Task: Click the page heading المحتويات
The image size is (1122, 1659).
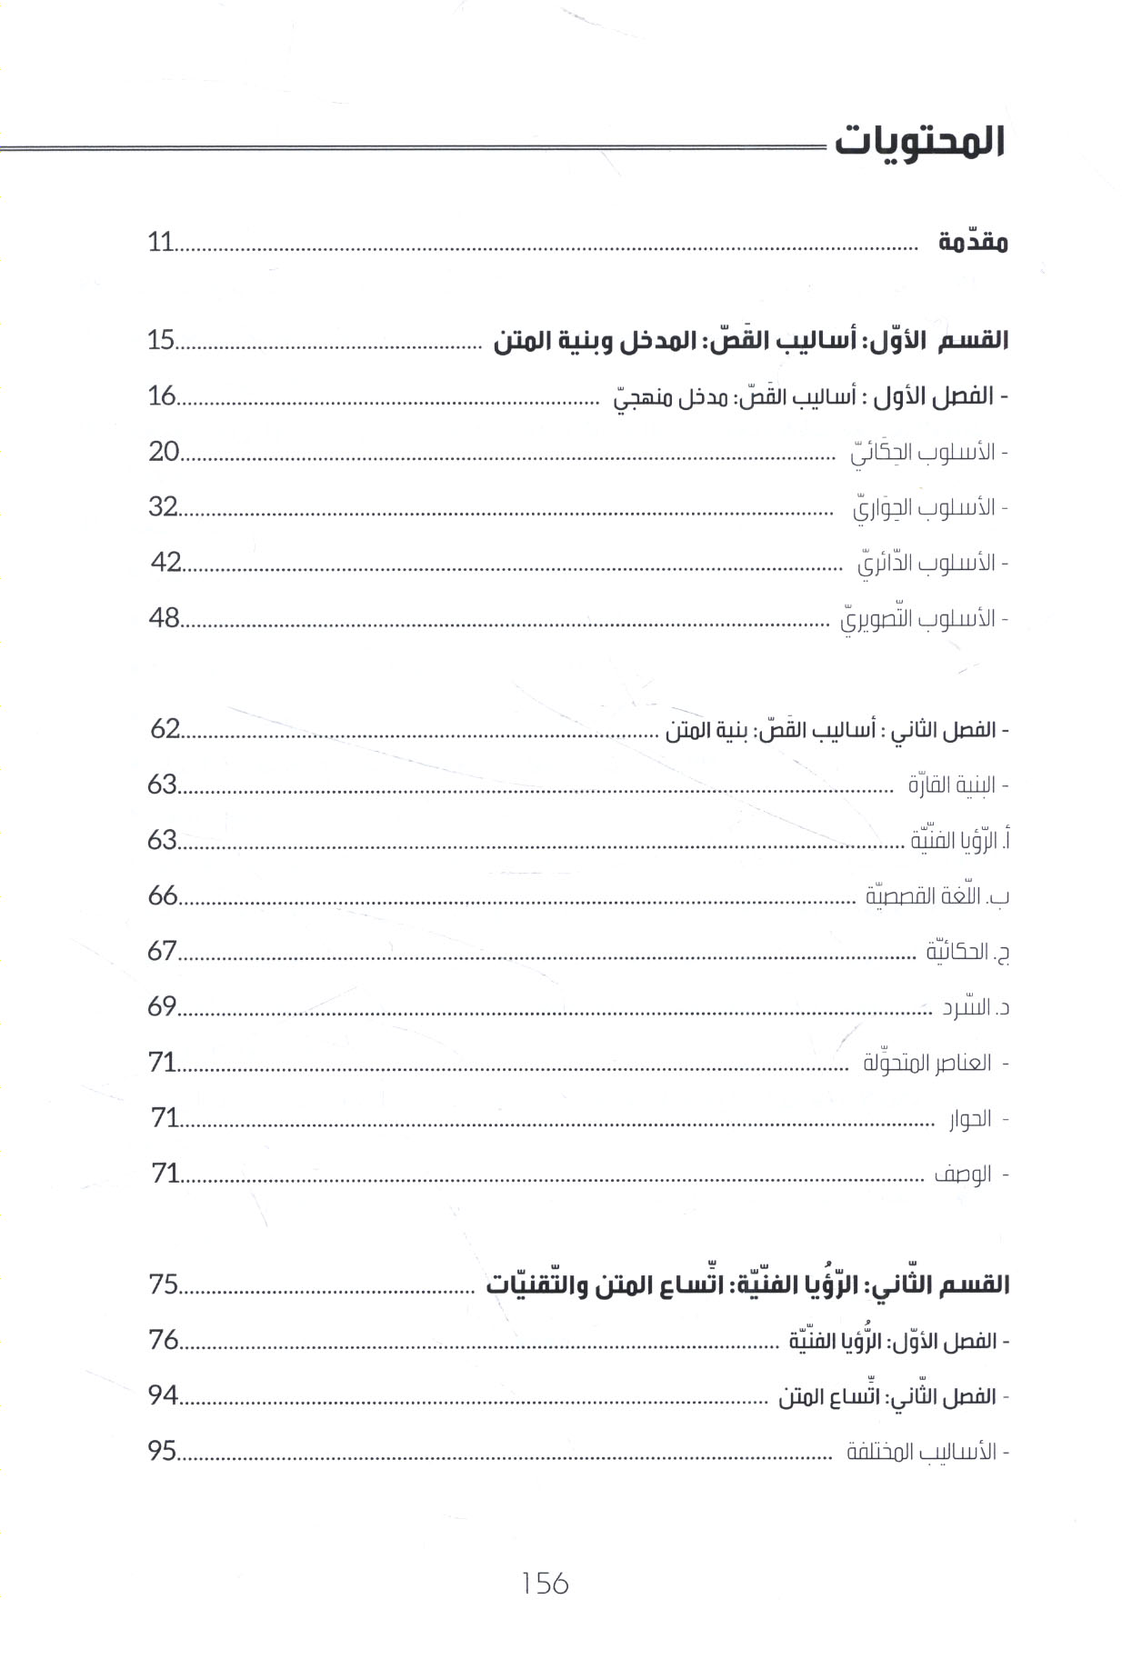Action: (918, 143)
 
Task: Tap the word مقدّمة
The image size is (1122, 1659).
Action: (973, 243)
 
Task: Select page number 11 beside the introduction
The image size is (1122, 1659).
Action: (160, 243)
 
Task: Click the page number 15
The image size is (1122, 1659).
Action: (160, 341)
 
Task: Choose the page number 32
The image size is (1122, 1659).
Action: (163, 506)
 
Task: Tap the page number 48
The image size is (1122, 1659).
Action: (165, 618)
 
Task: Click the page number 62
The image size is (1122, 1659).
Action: (165, 729)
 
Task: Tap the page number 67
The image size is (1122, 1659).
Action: (163, 951)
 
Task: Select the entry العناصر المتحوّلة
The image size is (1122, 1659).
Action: (927, 1063)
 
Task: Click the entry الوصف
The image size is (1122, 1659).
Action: (964, 1174)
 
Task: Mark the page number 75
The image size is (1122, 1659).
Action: (164, 1284)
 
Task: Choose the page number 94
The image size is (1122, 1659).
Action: (163, 1395)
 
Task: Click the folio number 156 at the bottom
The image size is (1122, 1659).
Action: (546, 1584)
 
